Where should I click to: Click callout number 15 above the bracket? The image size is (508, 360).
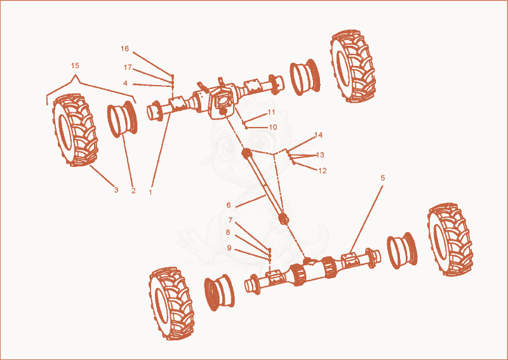click(x=75, y=65)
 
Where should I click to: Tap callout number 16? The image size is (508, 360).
click(x=124, y=49)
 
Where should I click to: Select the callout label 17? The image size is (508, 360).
click(x=128, y=67)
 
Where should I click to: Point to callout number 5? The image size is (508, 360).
click(x=383, y=178)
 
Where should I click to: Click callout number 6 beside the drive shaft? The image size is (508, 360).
click(x=229, y=205)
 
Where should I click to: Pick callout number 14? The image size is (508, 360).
click(x=319, y=135)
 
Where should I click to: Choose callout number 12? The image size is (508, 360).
click(x=323, y=170)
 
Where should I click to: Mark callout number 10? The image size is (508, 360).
click(x=273, y=127)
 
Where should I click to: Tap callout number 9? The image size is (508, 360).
click(x=229, y=248)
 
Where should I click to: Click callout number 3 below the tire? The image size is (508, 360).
click(x=116, y=190)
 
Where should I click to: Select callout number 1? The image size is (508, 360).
click(x=150, y=192)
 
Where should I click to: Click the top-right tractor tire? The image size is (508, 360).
click(x=353, y=66)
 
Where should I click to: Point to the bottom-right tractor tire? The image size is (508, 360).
click(x=450, y=239)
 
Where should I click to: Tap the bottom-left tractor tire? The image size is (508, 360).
click(x=171, y=303)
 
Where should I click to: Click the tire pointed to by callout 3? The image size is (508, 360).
click(x=75, y=130)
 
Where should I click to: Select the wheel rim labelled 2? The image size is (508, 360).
click(x=123, y=119)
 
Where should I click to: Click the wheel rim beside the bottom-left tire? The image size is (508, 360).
click(x=219, y=293)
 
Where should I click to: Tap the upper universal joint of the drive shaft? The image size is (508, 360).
click(x=247, y=153)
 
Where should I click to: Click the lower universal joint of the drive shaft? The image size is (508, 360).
click(x=284, y=220)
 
